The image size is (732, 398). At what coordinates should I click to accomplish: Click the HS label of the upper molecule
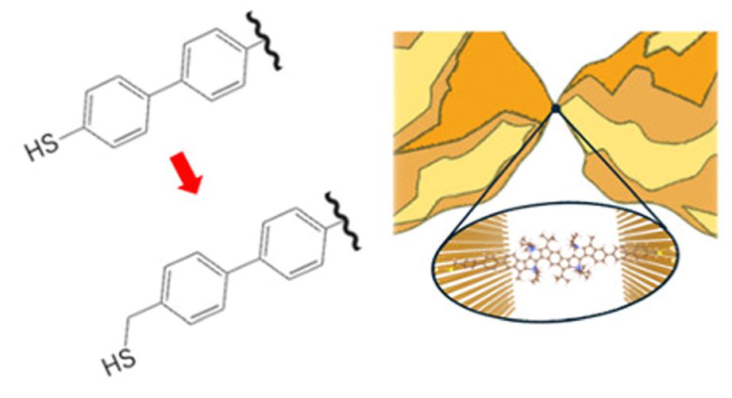(42, 146)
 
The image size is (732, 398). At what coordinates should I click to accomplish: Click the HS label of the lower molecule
(119, 361)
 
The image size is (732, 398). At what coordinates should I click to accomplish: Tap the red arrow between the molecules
(186, 173)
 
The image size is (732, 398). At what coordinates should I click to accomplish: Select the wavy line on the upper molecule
(264, 41)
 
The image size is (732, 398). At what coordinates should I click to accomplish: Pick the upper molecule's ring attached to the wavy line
(214, 64)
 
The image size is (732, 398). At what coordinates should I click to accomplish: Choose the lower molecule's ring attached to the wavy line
(293, 243)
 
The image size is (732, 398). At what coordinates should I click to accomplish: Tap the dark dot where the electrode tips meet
(556, 108)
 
